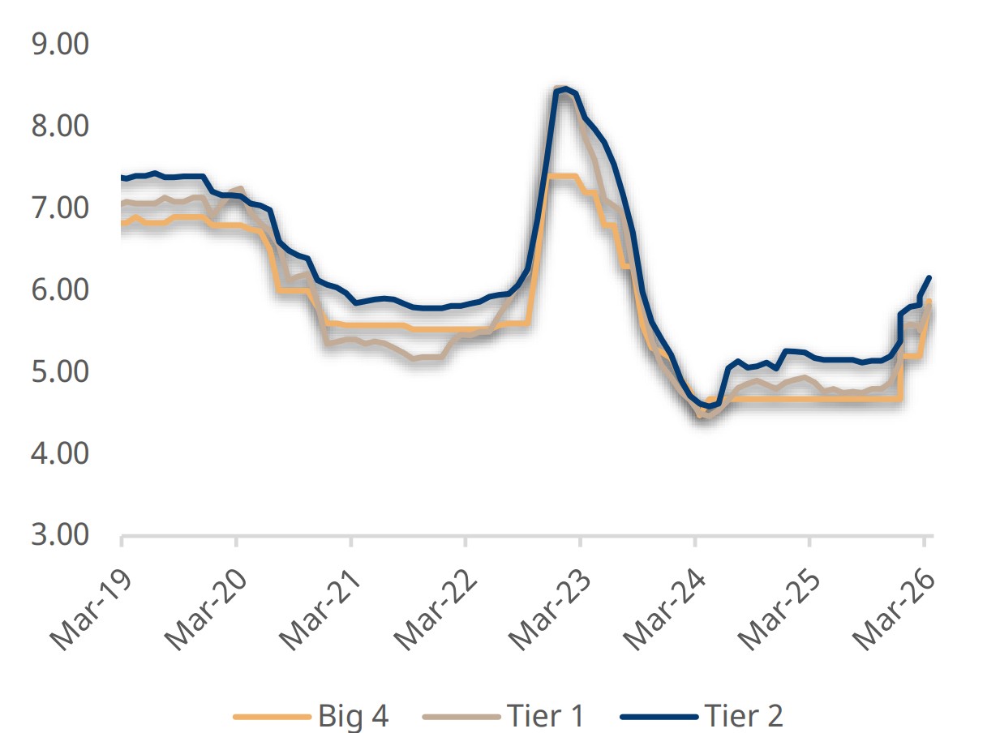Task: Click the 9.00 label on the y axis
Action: click(x=59, y=45)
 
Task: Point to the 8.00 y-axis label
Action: click(x=59, y=126)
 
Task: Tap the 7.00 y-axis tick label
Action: click(x=59, y=208)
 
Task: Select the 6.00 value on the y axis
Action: click(x=59, y=290)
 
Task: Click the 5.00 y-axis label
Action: click(x=59, y=372)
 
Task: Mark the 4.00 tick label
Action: click(x=59, y=454)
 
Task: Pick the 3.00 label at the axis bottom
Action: click(x=59, y=536)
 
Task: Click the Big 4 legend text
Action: click(x=354, y=716)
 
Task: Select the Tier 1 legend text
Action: click(x=545, y=716)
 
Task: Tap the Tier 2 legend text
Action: click(x=744, y=716)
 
